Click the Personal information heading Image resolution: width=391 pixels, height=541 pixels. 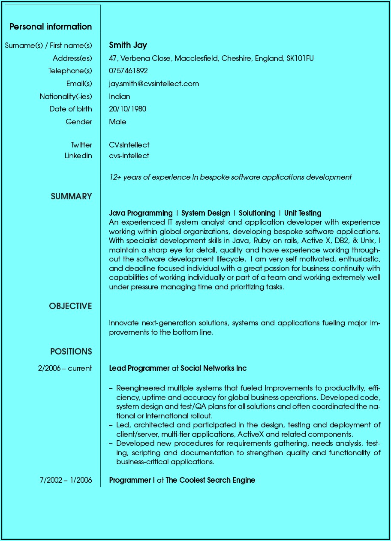(51, 27)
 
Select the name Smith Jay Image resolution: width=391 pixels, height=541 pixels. (128, 45)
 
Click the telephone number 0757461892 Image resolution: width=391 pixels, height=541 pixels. (128, 71)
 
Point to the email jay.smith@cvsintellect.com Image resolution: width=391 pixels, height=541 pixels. (154, 84)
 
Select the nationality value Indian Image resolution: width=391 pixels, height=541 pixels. (120, 96)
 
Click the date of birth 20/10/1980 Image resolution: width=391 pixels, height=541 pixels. (127, 109)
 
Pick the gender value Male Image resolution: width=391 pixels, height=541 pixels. (117, 122)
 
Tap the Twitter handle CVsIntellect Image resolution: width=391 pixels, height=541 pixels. (129, 145)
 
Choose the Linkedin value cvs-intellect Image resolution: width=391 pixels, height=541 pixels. (129, 156)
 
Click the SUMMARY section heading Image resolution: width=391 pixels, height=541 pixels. (71, 196)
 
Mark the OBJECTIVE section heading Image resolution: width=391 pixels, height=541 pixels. (70, 306)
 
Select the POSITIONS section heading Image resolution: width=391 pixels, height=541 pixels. (71, 352)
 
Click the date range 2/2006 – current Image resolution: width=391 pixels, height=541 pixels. (65, 368)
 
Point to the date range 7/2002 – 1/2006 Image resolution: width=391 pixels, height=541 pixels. (66, 480)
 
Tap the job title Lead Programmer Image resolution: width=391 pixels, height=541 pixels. (139, 368)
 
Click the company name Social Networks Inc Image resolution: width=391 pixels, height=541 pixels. (214, 368)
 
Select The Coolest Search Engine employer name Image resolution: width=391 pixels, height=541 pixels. (210, 480)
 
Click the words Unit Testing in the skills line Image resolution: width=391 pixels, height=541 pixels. (303, 213)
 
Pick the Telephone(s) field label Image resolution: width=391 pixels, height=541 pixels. (70, 71)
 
